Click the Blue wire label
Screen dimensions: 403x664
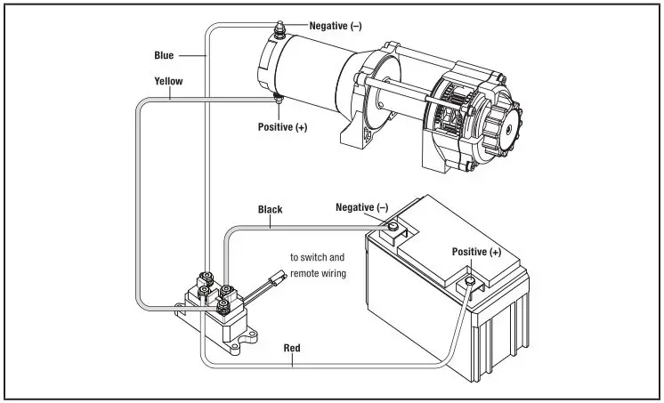click(164, 55)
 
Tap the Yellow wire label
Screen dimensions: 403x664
click(167, 81)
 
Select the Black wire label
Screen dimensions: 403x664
click(270, 210)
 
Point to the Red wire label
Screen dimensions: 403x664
click(292, 346)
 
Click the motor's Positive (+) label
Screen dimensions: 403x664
click(282, 127)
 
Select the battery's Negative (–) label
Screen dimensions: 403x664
click(361, 207)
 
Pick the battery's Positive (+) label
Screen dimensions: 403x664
click(476, 252)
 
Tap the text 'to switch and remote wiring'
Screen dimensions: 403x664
click(318, 265)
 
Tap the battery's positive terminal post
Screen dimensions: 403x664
click(466, 284)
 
